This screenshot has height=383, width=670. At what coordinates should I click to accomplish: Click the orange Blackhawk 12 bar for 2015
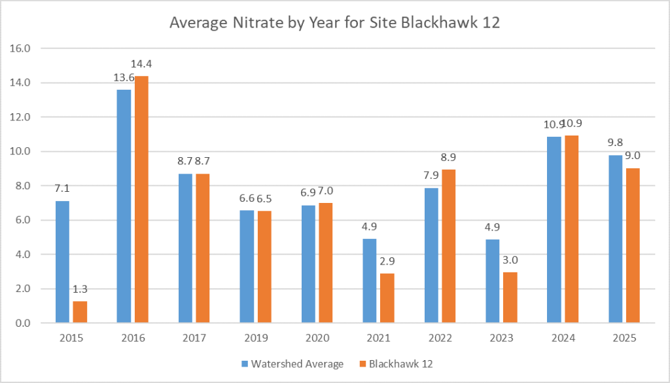click(80, 312)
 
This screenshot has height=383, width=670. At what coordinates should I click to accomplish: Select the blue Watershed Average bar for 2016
click(124, 206)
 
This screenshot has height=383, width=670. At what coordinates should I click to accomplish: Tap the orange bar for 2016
click(141, 199)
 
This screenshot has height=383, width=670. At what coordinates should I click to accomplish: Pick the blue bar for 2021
click(370, 281)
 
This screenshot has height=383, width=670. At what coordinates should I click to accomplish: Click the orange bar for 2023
click(510, 297)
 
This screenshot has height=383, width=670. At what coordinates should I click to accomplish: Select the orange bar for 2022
click(449, 246)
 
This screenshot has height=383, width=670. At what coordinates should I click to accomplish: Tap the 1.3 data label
click(80, 289)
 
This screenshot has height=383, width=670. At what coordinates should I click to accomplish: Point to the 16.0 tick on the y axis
click(24, 48)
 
